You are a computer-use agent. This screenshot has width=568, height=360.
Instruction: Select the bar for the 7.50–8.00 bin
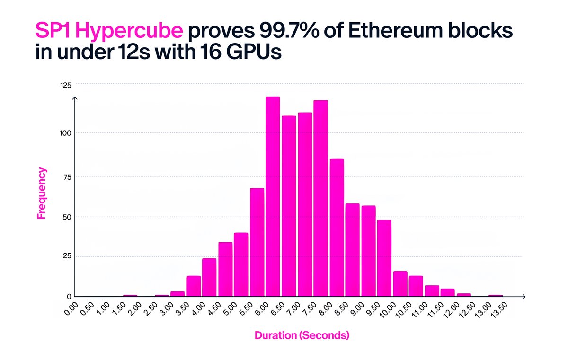pyautogui.click(x=320, y=198)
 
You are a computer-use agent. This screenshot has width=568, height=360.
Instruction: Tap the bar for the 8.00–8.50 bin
pyautogui.click(x=337, y=228)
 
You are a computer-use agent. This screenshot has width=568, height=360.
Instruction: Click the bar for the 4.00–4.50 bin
pyautogui.click(x=209, y=277)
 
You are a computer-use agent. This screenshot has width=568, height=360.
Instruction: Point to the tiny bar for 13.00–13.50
pyautogui.click(x=496, y=296)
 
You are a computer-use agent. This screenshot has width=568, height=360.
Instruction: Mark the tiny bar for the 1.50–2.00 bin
pyautogui.click(x=130, y=296)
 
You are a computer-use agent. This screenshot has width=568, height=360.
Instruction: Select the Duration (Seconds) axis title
pyautogui.click(x=302, y=336)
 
